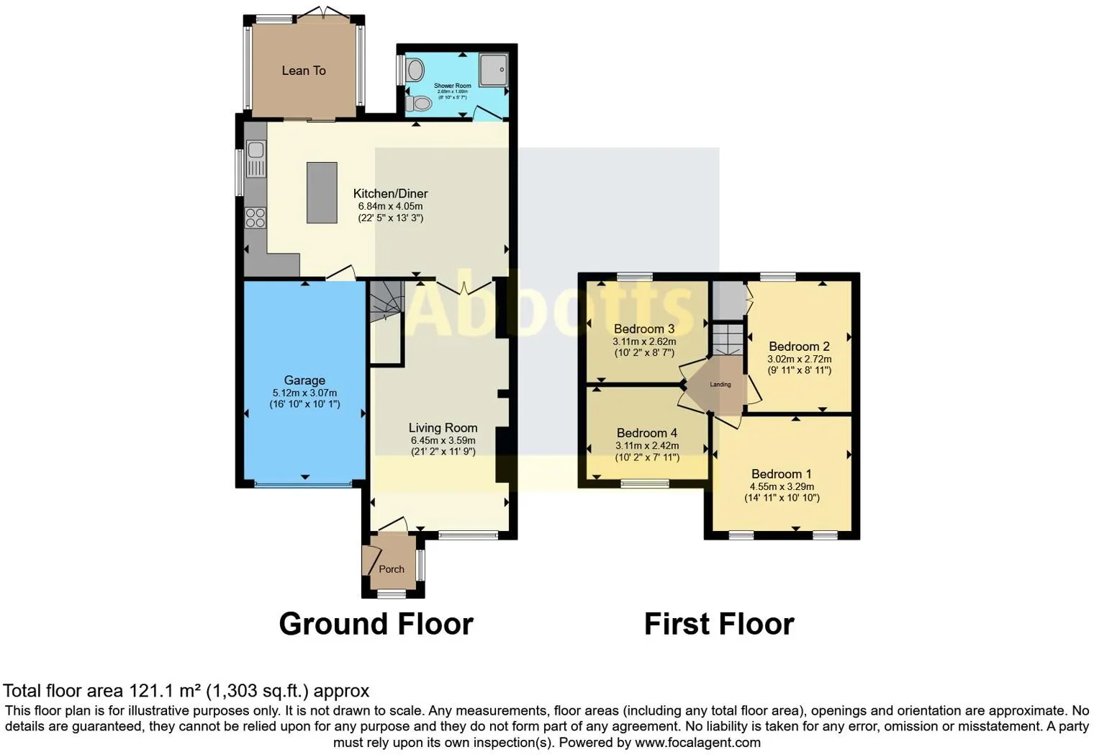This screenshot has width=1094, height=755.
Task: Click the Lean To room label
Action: click(303, 71)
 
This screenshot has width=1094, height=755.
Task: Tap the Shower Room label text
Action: click(452, 86)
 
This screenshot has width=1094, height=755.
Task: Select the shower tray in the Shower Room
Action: click(493, 69)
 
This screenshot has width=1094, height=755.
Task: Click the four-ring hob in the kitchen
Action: click(256, 217)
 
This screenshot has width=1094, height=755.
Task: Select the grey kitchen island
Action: click(322, 192)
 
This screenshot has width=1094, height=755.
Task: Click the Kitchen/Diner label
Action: click(390, 194)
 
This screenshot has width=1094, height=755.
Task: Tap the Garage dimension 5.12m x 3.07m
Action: click(304, 393)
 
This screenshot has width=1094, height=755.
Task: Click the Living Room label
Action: click(443, 428)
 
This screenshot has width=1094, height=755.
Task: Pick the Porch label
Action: click(392, 569)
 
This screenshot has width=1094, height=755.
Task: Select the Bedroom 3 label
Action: click(643, 329)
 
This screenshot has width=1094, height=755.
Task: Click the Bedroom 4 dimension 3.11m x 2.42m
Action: click(646, 445)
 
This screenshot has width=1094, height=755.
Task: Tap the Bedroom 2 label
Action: click(799, 347)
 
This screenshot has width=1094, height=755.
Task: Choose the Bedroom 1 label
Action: click(781, 474)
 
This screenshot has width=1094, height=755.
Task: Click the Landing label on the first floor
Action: click(720, 385)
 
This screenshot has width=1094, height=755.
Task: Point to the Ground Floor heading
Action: click(376, 624)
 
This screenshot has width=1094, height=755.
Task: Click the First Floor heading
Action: click(718, 624)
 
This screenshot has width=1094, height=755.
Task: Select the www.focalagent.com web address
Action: click(697, 743)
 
